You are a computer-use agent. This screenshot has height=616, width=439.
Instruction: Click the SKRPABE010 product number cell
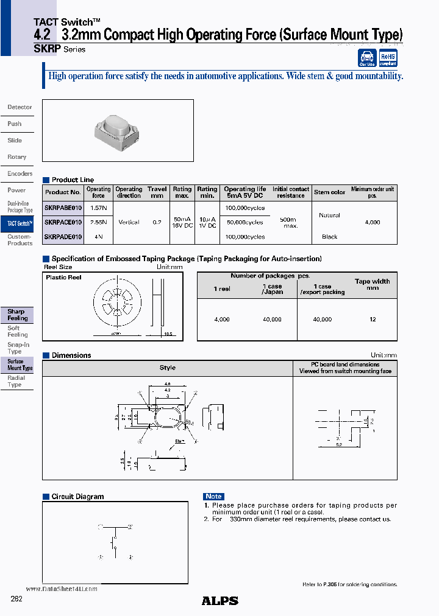click(x=63, y=208)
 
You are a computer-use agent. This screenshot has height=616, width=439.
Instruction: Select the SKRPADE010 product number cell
click(x=63, y=237)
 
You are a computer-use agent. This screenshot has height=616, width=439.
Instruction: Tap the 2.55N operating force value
click(x=98, y=222)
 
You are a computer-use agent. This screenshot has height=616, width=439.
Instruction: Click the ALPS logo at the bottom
click(x=220, y=601)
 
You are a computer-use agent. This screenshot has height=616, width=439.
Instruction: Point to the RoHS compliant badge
click(x=388, y=58)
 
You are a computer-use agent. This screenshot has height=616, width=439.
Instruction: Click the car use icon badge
click(x=367, y=58)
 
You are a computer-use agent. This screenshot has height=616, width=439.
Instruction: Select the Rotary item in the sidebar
click(x=17, y=157)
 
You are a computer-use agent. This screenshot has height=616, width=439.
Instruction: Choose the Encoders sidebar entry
click(x=20, y=173)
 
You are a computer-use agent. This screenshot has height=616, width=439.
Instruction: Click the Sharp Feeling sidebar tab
click(x=18, y=315)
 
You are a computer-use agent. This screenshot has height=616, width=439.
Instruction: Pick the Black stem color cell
click(x=329, y=237)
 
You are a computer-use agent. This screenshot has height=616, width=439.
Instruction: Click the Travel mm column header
click(x=157, y=192)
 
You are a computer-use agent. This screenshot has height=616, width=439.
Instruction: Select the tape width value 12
click(x=373, y=319)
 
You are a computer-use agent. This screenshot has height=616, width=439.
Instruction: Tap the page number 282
click(x=16, y=599)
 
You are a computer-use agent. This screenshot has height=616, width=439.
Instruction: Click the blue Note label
click(x=213, y=497)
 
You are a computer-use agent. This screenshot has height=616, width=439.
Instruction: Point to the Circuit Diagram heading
click(x=77, y=497)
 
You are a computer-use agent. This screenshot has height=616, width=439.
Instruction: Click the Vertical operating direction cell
click(x=129, y=222)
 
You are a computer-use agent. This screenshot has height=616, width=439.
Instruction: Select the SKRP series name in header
click(x=47, y=49)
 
